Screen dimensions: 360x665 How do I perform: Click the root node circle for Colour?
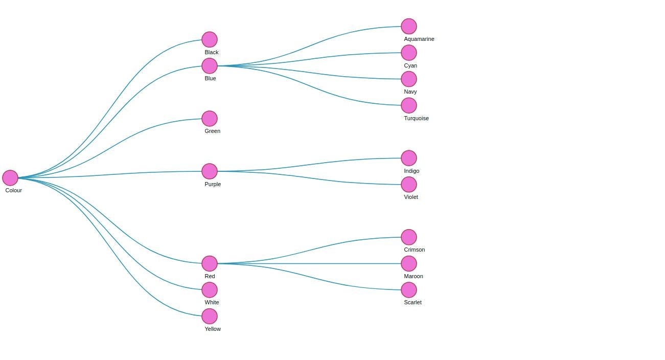coord(10,178)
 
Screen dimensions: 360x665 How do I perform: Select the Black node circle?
coord(210,39)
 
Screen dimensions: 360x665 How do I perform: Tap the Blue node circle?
coord(210,66)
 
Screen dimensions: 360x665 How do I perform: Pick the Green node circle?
coord(210,119)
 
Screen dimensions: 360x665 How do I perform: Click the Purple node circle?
coord(210,171)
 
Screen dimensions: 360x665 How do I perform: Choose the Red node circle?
coord(210,263)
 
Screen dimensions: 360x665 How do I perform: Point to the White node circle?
coord(210,290)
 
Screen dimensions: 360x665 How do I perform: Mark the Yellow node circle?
coord(210,316)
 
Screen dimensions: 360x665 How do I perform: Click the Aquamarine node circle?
coord(409,26)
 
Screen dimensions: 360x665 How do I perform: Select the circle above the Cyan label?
coord(409,53)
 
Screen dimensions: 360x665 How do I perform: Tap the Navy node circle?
coord(409,79)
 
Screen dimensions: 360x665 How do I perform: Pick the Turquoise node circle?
coord(409,105)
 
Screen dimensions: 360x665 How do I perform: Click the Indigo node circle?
coord(409,158)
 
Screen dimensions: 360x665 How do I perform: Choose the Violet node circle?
coord(409,185)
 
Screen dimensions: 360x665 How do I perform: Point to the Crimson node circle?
coord(409,237)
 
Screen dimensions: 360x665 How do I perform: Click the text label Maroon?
coord(414,276)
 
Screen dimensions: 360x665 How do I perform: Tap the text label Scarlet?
coord(412,302)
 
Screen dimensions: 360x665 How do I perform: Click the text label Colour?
coord(14,190)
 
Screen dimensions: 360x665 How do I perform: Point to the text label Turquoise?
coord(416,118)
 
